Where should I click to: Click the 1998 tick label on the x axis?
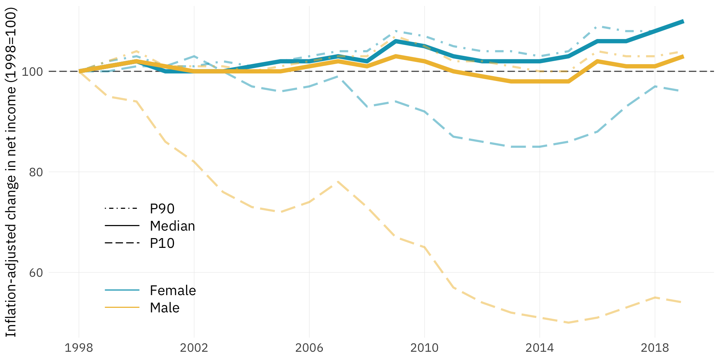[79, 348]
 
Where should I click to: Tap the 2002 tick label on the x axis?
[194, 348]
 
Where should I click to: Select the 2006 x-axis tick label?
[309, 348]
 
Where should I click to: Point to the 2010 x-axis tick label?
[424, 348]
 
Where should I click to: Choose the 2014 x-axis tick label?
[539, 348]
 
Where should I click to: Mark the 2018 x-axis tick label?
[654, 348]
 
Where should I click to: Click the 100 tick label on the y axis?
[32, 72]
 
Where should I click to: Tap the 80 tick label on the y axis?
[36, 172]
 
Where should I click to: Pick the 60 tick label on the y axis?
[36, 273]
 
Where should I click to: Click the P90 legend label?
[162, 209]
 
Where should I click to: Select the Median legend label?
[172, 226]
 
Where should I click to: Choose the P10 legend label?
[162, 243]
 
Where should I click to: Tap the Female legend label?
[172, 291]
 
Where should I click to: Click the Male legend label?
[164, 308]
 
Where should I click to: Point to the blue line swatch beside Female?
[122, 290]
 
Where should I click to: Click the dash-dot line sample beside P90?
[122, 208]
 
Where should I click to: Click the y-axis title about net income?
[11, 172]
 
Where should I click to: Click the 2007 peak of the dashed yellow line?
[338, 182]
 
